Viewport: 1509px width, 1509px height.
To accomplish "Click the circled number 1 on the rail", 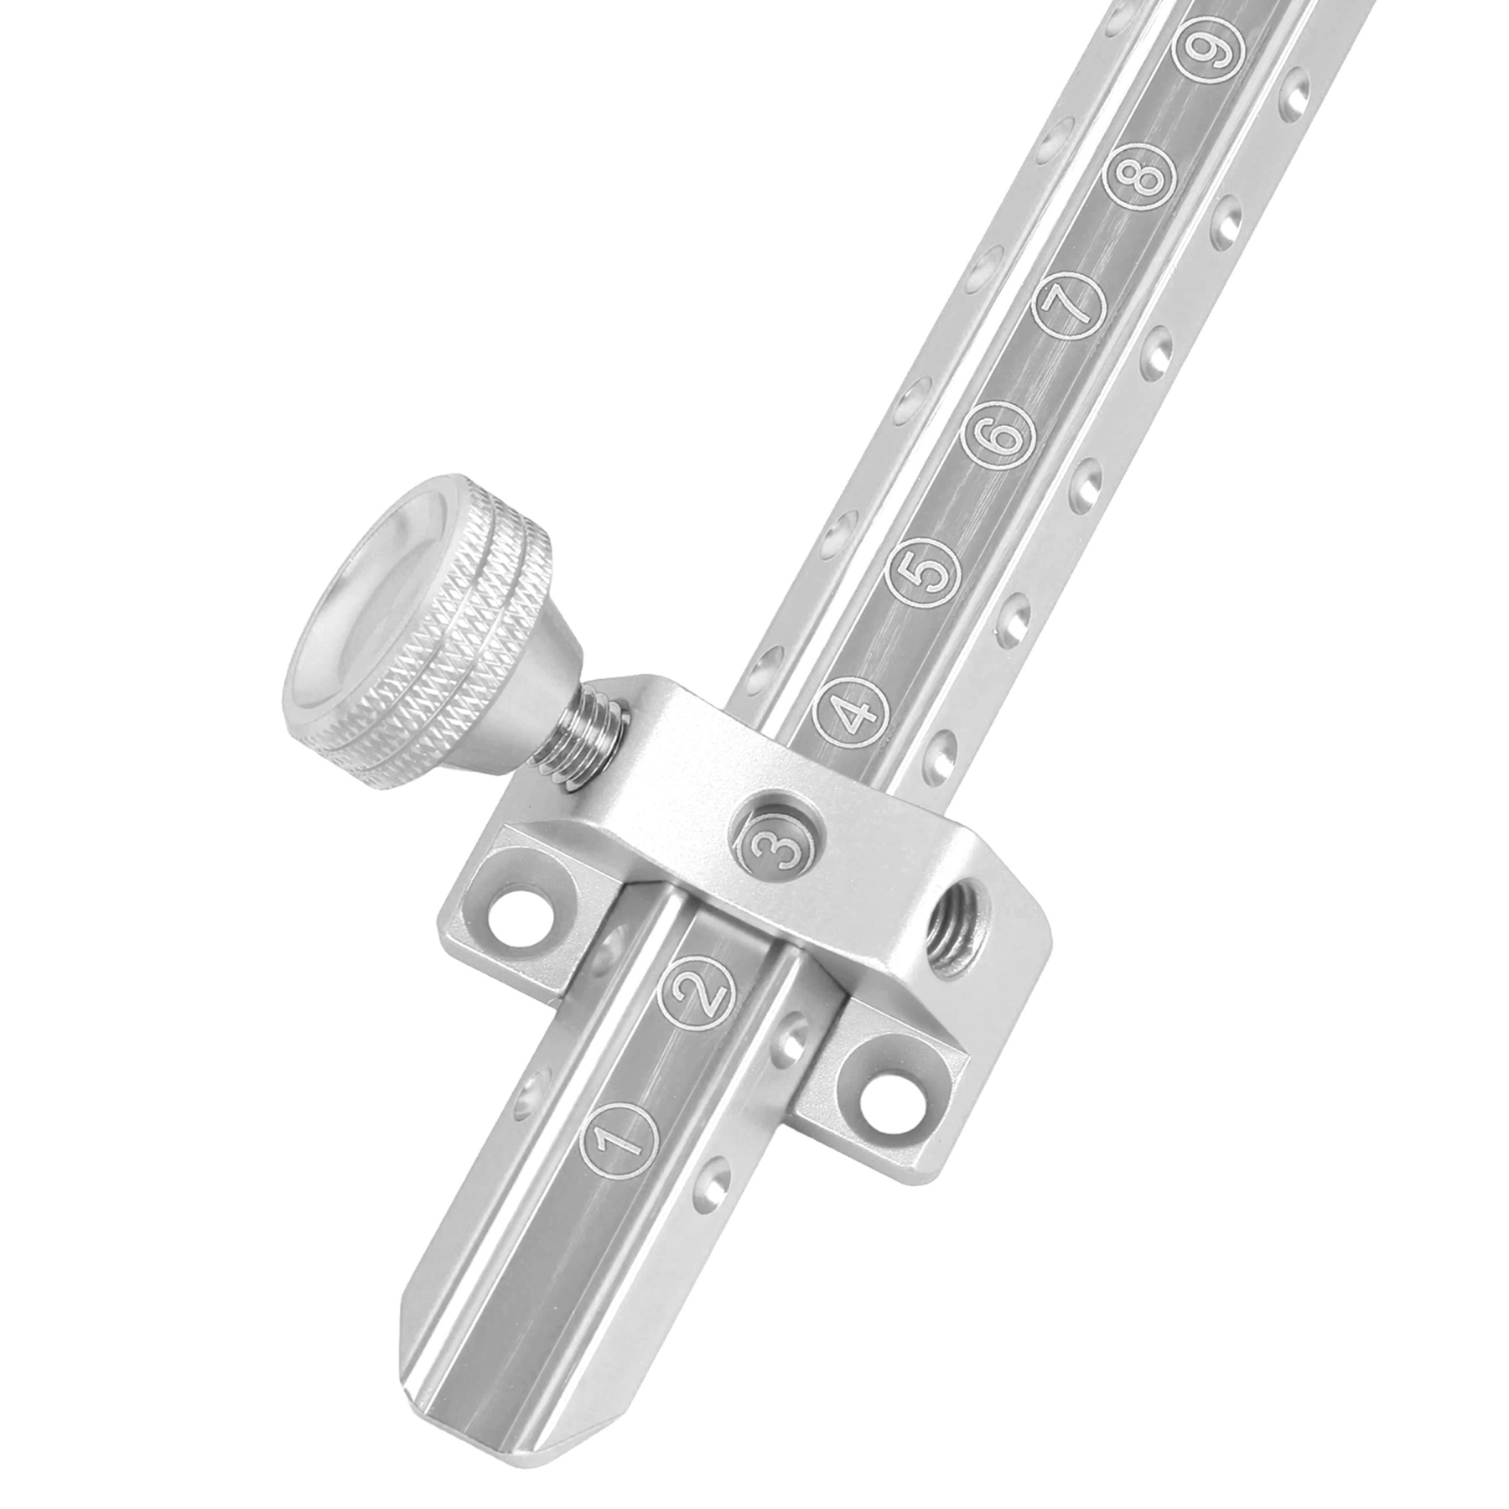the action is tap(616, 1142).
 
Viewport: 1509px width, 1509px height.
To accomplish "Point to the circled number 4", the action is tap(849, 715).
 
